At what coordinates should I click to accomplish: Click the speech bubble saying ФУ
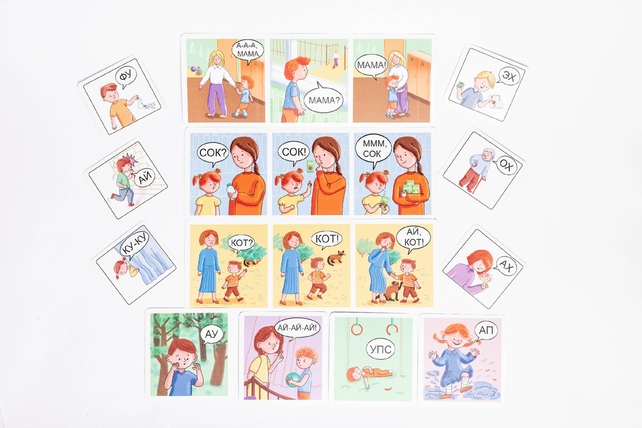[x=126, y=77]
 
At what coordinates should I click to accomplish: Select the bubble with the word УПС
[x=380, y=350]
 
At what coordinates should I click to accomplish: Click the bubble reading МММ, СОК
[x=372, y=150]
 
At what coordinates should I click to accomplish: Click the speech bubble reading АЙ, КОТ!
[x=412, y=239]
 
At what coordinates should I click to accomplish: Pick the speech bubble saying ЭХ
[x=509, y=77]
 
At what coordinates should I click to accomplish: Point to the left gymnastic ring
[x=357, y=330]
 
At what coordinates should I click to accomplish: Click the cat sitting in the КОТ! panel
[x=336, y=258]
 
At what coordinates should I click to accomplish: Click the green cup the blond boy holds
[x=461, y=85]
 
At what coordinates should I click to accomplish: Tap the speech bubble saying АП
[x=486, y=331]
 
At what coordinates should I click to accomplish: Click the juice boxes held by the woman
[x=411, y=187]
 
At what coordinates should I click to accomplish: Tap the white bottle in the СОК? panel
[x=231, y=190]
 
